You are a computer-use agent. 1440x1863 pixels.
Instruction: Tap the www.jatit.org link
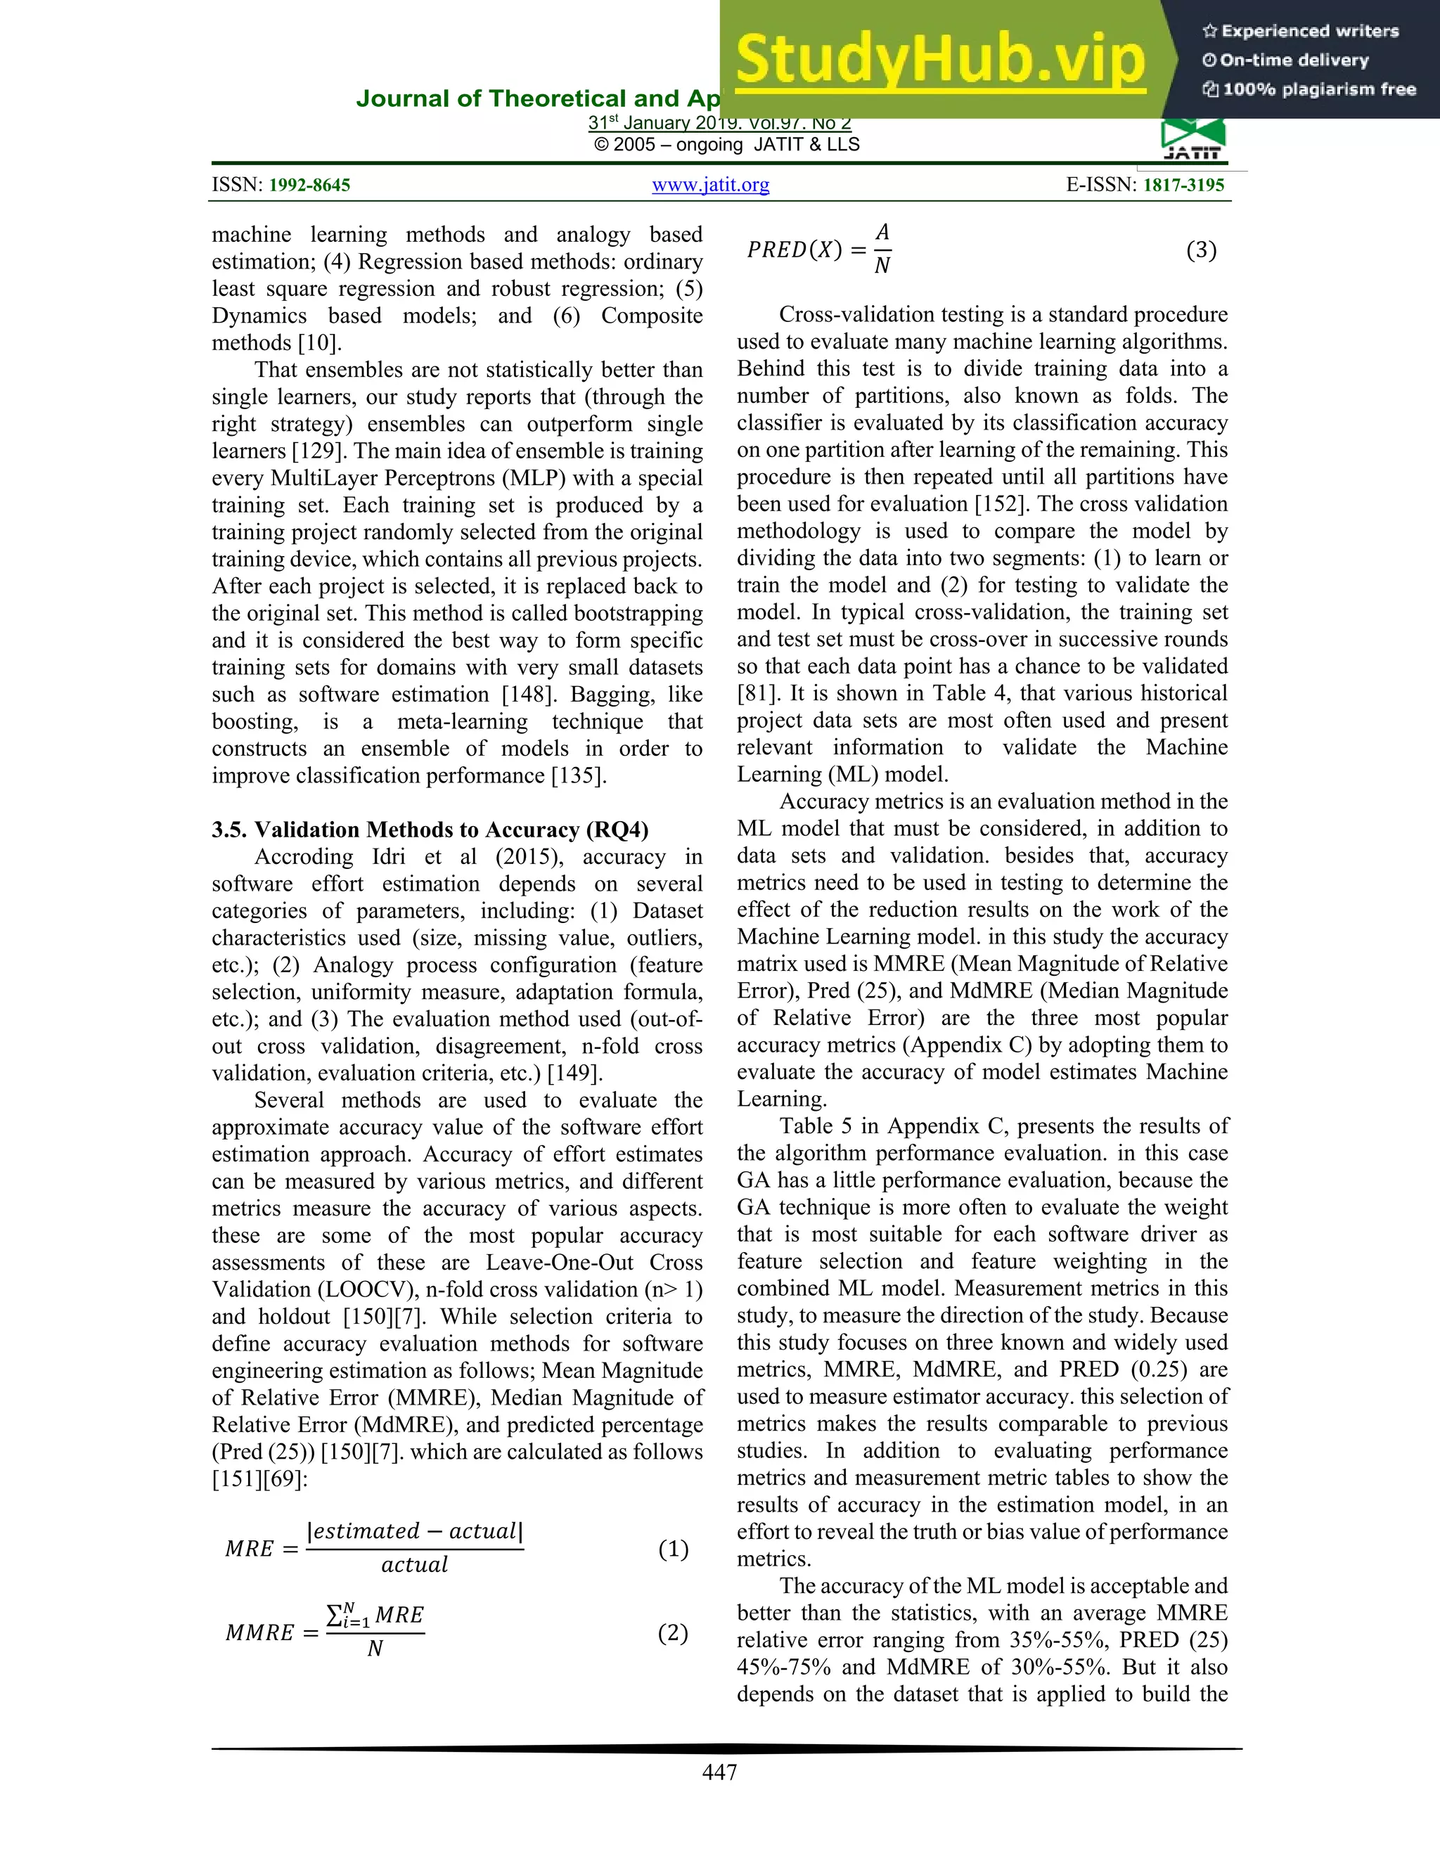(x=711, y=185)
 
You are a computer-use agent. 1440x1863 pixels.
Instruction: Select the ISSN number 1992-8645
(x=309, y=185)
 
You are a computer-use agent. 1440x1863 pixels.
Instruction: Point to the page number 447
(x=719, y=1772)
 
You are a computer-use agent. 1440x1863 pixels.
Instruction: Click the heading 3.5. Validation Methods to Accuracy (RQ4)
(x=430, y=830)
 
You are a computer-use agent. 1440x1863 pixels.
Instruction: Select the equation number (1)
(x=673, y=1548)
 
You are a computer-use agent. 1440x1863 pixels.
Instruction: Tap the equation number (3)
(x=1201, y=250)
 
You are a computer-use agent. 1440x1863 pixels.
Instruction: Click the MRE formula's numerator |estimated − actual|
(x=415, y=1531)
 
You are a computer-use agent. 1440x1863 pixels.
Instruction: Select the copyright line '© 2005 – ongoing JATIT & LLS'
(x=727, y=145)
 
